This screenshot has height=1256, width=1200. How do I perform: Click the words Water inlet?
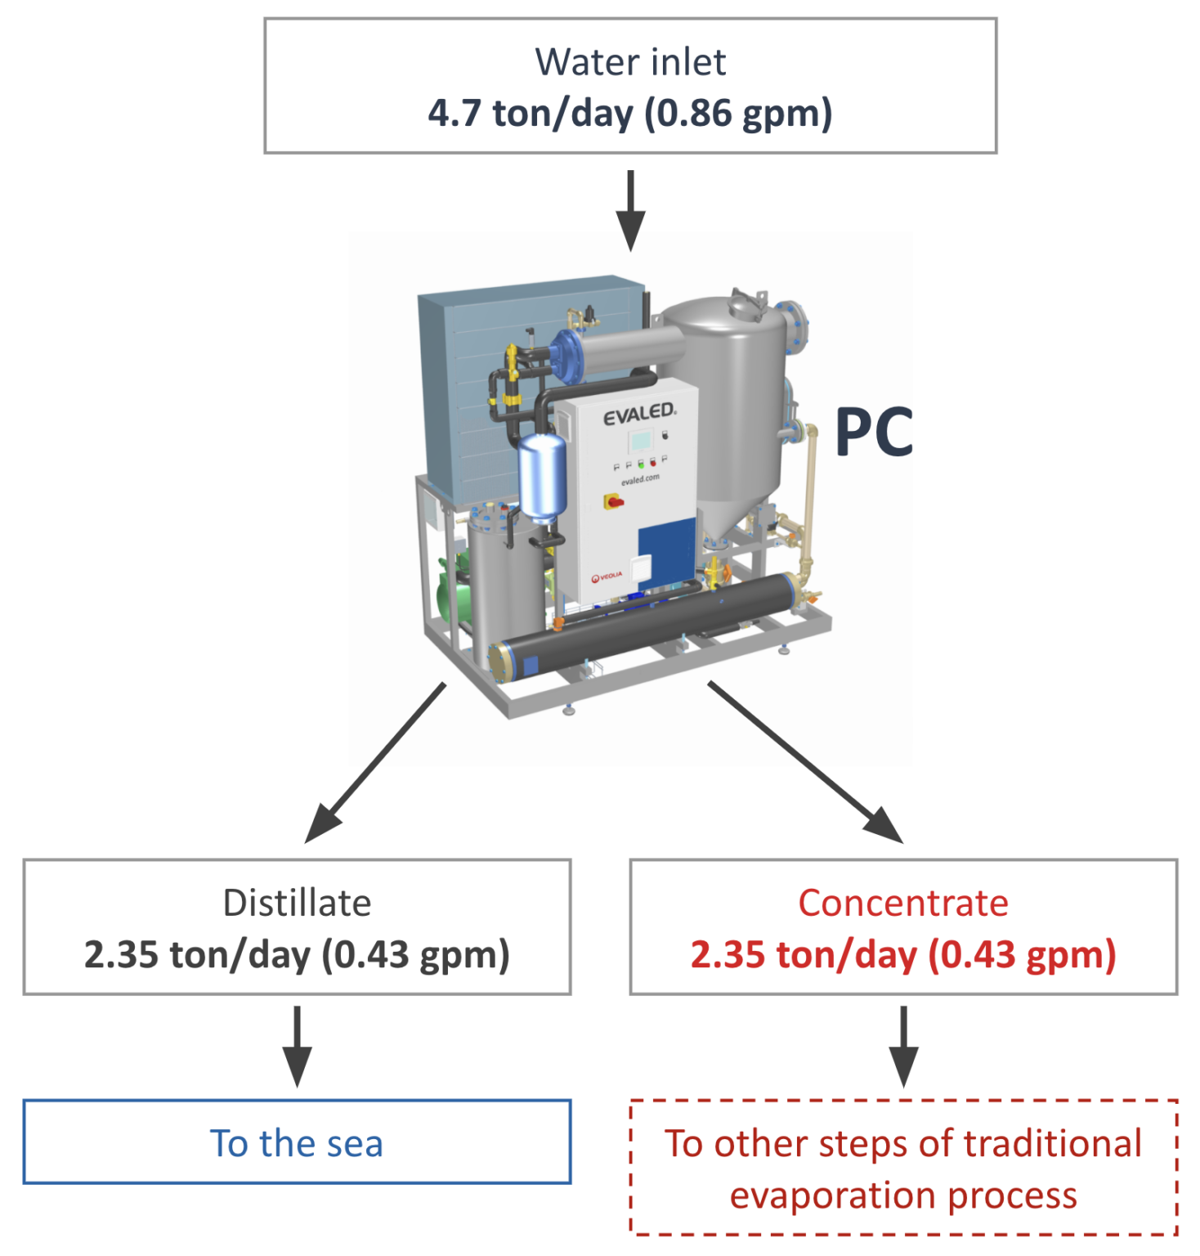pyautogui.click(x=630, y=62)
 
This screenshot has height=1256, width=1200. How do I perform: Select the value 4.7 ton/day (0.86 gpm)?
pyautogui.click(x=630, y=113)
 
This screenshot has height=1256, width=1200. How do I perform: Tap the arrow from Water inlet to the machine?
pyautogui.click(x=630, y=210)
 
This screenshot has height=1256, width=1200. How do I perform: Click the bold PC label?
pyautogui.click(x=874, y=433)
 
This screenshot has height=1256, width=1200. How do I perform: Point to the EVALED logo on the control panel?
pyautogui.click(x=639, y=414)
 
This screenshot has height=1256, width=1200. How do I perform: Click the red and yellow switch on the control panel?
pyautogui.click(x=613, y=501)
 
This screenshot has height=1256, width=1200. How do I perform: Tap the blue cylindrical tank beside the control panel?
pyautogui.click(x=542, y=477)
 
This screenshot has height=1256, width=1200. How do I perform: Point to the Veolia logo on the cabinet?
pyautogui.click(x=607, y=576)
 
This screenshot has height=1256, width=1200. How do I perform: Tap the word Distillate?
pyautogui.click(x=297, y=904)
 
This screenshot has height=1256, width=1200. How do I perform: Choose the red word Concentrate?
pyautogui.click(x=903, y=904)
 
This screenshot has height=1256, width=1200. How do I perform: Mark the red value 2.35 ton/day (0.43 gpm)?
pyautogui.click(x=903, y=954)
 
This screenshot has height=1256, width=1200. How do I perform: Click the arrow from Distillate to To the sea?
pyautogui.click(x=297, y=1046)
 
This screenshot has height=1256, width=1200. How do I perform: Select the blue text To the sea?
pyautogui.click(x=297, y=1143)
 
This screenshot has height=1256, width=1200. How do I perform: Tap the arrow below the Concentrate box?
pyautogui.click(x=903, y=1046)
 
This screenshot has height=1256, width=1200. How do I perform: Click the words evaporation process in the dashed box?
pyautogui.click(x=903, y=1195)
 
